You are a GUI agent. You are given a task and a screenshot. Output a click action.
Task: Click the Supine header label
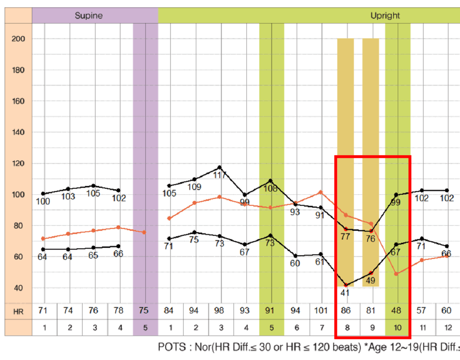coord(88,16)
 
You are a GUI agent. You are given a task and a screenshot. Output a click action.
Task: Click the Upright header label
coord(385,16)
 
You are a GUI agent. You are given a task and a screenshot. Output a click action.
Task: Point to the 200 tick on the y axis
coord(18,39)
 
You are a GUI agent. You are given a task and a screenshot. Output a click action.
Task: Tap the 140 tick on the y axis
coord(18,133)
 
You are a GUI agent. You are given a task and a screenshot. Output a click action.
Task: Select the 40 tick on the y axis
coord(18,288)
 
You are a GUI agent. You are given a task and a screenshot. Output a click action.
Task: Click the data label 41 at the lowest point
coord(345,293)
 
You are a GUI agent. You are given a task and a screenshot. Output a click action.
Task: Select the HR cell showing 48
coord(398,311)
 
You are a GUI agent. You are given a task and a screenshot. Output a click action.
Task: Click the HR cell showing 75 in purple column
coord(145,311)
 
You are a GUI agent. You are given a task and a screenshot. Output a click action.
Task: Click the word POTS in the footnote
coord(170,347)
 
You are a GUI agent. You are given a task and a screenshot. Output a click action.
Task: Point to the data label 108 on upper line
coord(270,189)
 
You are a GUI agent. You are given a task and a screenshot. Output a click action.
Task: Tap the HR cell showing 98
coord(220,311)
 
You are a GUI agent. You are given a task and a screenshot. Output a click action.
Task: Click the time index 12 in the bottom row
coord(447,328)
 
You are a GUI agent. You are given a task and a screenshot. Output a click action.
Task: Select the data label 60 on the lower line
coord(295,264)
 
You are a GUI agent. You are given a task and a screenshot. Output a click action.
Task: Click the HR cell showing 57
coord(422,311)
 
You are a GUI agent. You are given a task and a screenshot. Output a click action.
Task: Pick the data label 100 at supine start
coord(43,202)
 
